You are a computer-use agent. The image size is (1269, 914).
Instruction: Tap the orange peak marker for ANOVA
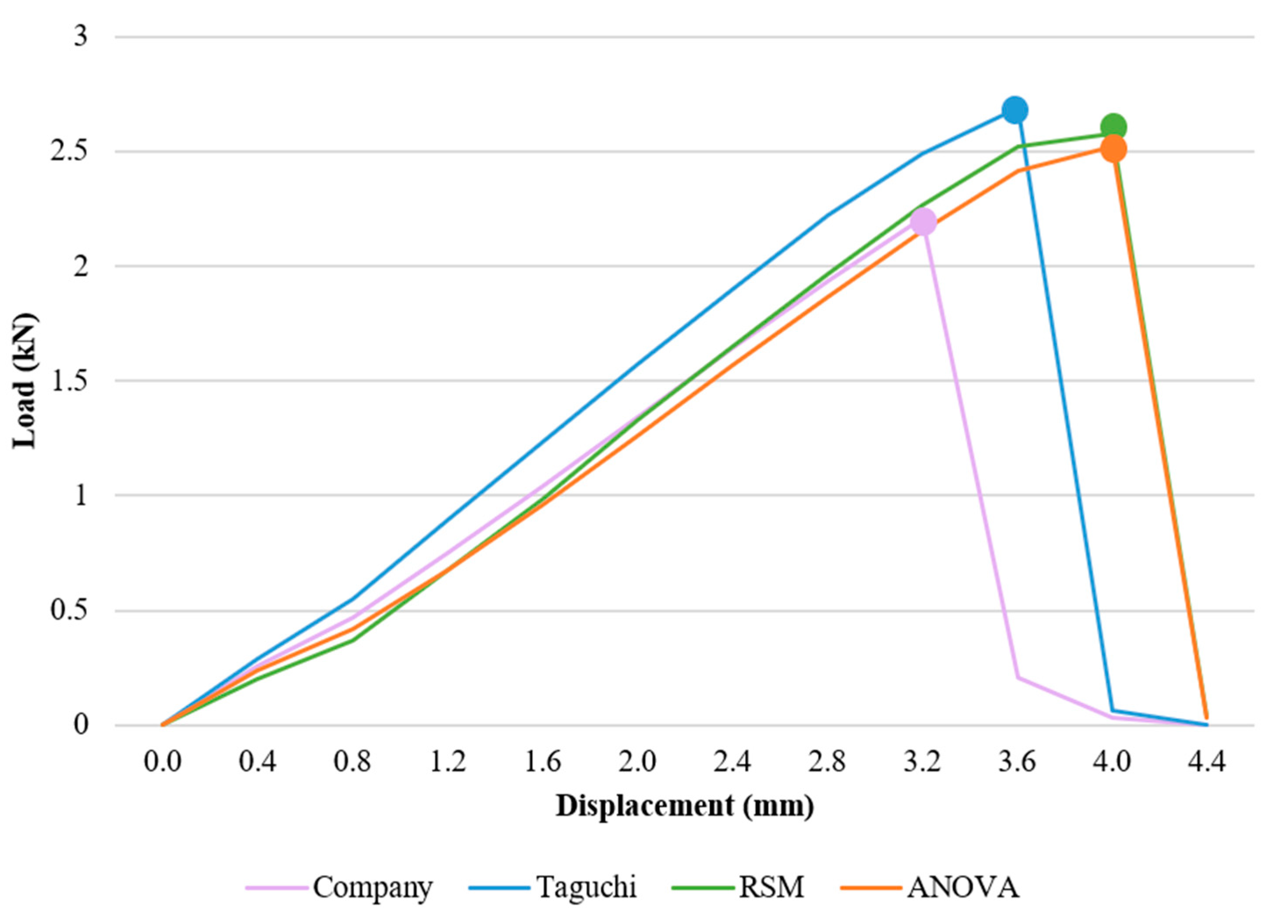click(1113, 149)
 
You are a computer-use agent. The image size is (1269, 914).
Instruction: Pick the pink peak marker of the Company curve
click(923, 222)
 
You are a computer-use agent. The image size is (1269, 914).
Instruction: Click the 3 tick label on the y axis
click(82, 37)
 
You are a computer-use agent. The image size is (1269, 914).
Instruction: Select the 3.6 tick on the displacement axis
click(1017, 762)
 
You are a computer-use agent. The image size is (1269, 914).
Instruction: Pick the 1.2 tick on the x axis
click(448, 762)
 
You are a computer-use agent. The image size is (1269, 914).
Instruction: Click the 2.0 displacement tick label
click(637, 762)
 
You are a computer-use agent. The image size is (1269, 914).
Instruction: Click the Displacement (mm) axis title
click(684, 807)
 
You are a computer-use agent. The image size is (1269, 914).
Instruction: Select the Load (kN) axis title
click(25, 381)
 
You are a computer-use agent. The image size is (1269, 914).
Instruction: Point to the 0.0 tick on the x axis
click(163, 762)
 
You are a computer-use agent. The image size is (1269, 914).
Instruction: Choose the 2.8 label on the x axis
click(828, 762)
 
